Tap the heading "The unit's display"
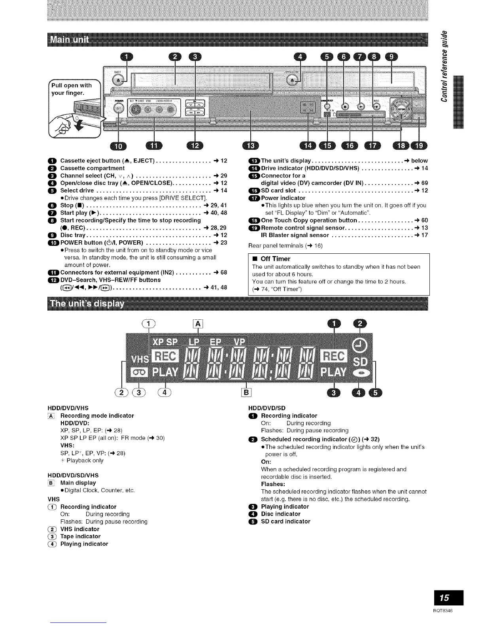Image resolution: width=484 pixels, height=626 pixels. (86, 304)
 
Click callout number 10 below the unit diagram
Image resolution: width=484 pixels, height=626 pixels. (118, 146)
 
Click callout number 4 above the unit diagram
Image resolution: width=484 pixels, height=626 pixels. (299, 57)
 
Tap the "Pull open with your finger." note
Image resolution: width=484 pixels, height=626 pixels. (72, 89)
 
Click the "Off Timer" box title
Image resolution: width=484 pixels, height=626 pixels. (275, 259)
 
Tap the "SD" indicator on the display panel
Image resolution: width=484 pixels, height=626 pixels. (360, 362)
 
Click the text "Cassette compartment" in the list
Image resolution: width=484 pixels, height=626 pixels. (92, 168)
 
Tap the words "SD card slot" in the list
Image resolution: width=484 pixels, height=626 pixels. (278, 190)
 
